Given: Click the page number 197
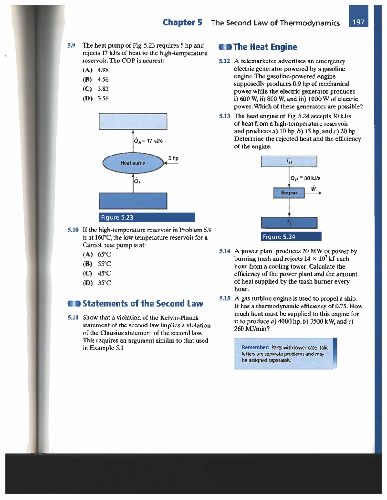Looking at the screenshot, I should click(358, 22).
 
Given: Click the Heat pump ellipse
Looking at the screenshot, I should click(133, 163).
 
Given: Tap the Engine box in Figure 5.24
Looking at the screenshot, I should click(289, 193).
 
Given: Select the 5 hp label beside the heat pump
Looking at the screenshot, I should click(173, 158).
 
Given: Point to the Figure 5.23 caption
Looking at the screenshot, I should click(147, 218).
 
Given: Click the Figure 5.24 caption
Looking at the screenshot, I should click(291, 237).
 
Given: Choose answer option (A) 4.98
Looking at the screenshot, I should click(96, 70).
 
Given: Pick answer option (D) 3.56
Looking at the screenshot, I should click(96, 99).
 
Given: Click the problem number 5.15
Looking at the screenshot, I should click(225, 298).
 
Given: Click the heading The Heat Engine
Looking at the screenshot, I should click(265, 47).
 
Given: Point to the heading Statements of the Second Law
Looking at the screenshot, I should click(143, 304).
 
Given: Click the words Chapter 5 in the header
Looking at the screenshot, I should click(182, 23).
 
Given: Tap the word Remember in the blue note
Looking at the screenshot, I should click(255, 348).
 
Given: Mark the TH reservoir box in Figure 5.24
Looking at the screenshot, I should click(289, 161).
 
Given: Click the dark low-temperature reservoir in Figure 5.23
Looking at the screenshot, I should click(133, 201).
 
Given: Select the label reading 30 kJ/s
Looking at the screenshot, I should click(312, 178).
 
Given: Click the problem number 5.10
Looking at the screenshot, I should click(73, 230).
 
